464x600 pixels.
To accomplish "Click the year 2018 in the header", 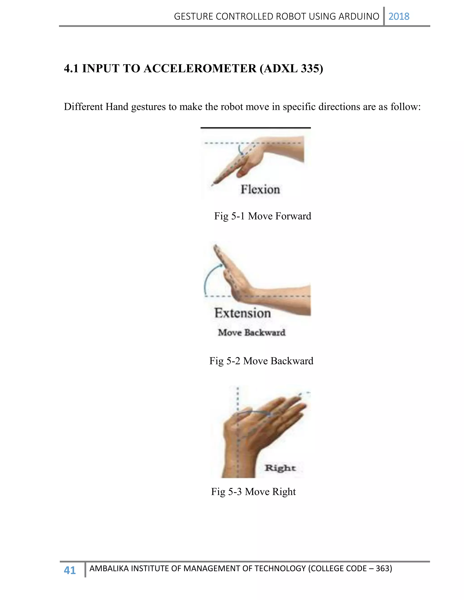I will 399,17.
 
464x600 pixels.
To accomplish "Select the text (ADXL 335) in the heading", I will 291,68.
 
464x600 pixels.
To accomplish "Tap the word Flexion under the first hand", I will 260,190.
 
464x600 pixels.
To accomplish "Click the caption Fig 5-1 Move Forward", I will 263,216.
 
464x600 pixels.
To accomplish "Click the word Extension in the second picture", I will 242,313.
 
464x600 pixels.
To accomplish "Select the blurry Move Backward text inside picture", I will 251,332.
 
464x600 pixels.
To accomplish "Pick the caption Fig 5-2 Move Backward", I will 261,361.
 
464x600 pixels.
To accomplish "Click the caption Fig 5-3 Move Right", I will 253,492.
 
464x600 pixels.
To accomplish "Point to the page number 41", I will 70,570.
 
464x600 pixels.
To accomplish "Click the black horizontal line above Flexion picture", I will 255,128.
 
